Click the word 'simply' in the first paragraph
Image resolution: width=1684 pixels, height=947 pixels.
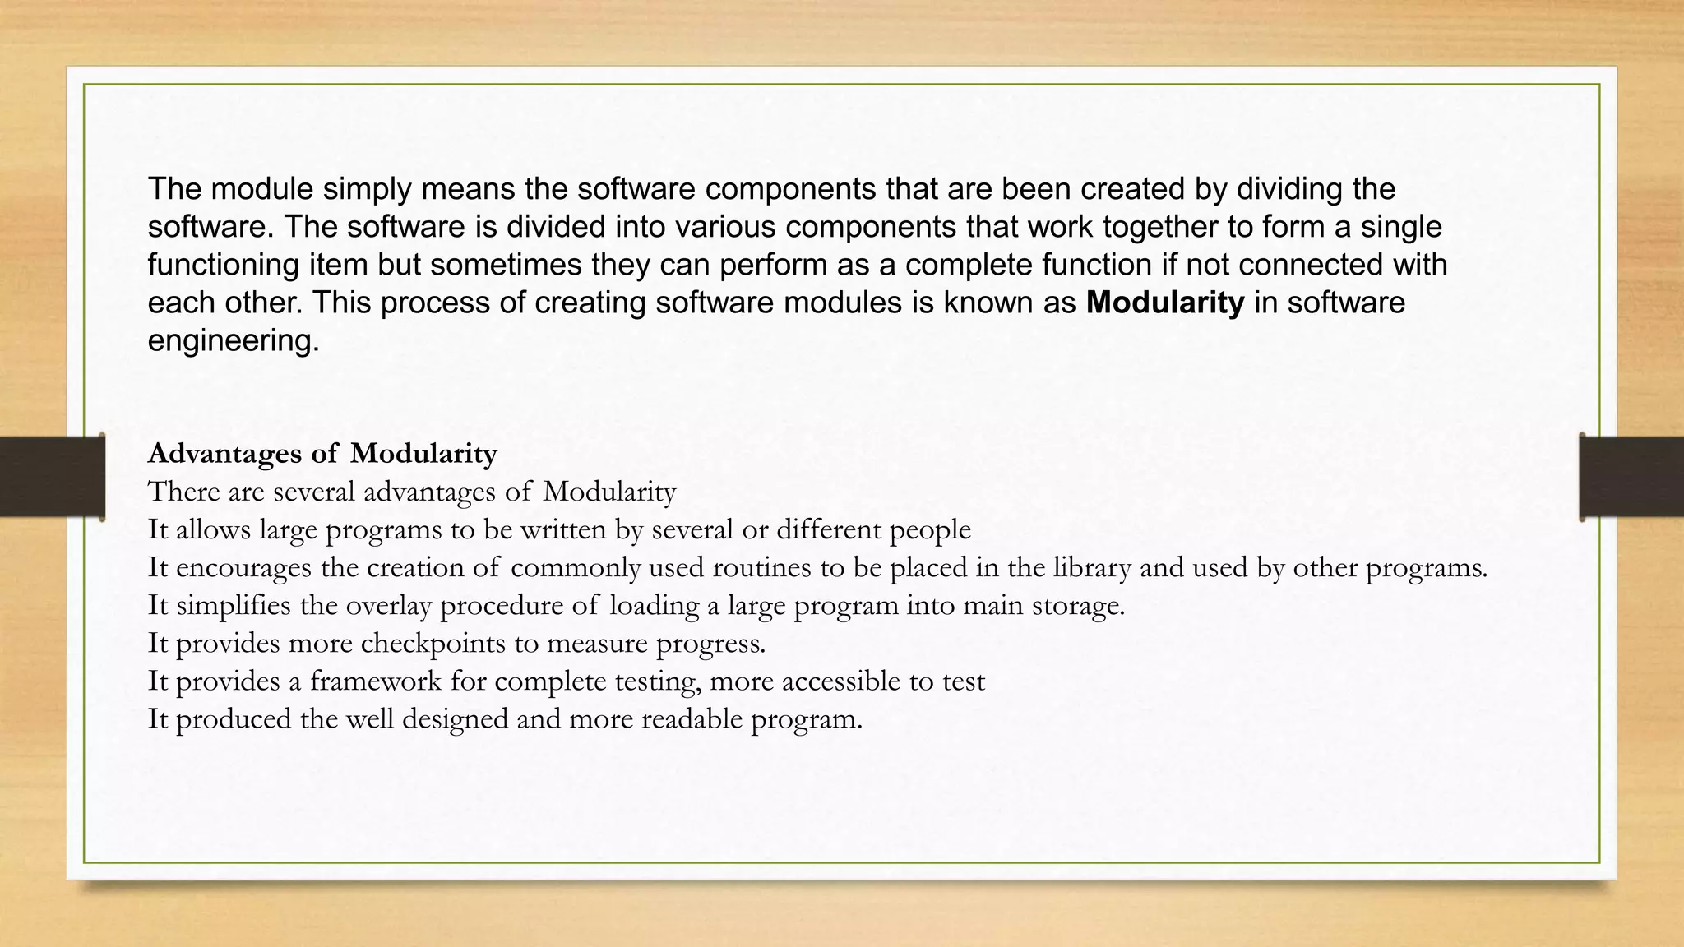(x=366, y=190)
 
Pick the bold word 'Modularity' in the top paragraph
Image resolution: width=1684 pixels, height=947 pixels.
(x=1165, y=303)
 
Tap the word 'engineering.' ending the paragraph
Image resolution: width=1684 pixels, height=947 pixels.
(x=234, y=340)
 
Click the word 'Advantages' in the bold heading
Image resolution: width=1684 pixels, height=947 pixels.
(x=224, y=454)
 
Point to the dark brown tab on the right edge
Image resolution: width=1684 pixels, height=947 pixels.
(x=1631, y=477)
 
